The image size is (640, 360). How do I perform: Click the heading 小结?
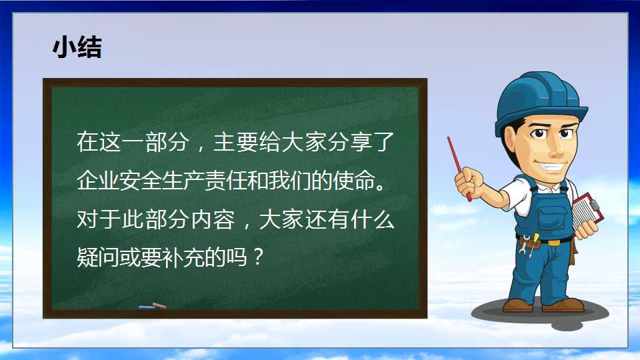click(x=77, y=47)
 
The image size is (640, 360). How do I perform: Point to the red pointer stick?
click(x=459, y=168)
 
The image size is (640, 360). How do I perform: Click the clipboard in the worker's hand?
click(x=587, y=213)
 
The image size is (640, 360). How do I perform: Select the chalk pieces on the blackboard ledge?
click(x=153, y=306)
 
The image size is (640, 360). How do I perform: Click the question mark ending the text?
click(x=258, y=257)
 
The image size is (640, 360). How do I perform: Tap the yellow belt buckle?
click(x=554, y=243)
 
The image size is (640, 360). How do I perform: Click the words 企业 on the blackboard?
click(x=98, y=180)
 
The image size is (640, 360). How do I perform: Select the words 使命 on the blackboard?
click(x=353, y=180)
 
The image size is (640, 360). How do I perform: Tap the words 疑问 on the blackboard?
click(x=98, y=257)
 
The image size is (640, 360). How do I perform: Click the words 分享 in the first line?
click(x=349, y=141)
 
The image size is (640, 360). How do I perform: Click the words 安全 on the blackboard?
click(x=141, y=180)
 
